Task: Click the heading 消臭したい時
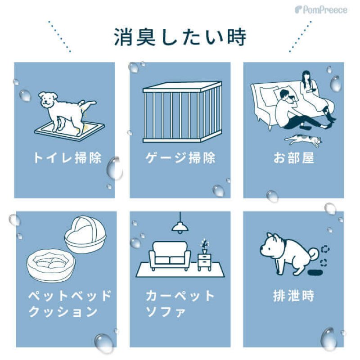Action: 180,37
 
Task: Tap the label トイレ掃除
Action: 66,158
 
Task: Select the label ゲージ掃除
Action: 180,158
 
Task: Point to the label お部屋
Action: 293,158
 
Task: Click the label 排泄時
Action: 293,297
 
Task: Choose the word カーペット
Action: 180,296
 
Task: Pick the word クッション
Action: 63,311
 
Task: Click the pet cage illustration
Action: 182,111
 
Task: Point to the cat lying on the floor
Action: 304,140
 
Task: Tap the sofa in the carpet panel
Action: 169,254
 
